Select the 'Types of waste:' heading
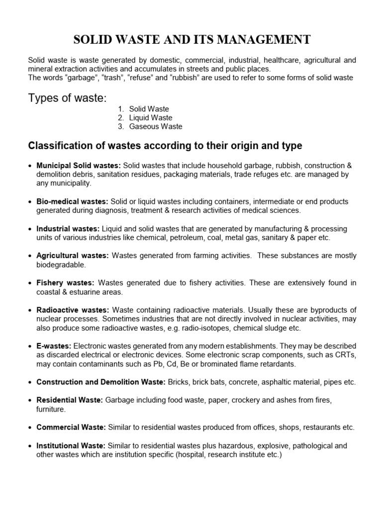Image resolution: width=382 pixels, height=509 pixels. [x=67, y=98]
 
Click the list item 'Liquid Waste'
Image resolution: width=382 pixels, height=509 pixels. [x=151, y=118]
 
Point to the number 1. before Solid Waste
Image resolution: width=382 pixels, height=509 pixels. [x=121, y=109]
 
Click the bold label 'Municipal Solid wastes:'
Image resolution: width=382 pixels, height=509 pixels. [x=79, y=165]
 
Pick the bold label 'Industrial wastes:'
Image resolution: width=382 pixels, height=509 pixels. [x=68, y=229]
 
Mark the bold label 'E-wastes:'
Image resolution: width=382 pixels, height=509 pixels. [x=54, y=346]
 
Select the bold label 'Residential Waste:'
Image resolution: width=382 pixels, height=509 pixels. [x=70, y=400]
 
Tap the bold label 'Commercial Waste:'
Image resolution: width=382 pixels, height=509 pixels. [x=71, y=427]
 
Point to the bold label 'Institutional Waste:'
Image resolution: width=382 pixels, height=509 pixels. [x=71, y=446]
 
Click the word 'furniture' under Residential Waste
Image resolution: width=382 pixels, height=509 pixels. [x=50, y=410]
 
